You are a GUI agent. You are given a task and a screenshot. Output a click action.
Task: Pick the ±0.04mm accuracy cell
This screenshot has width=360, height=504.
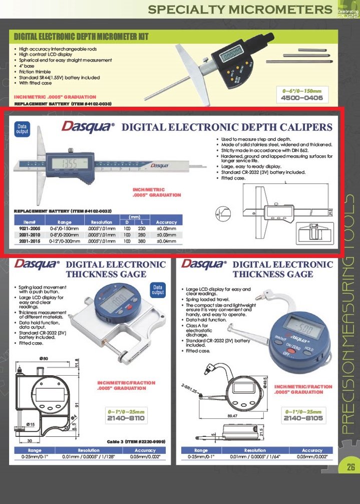[166, 241]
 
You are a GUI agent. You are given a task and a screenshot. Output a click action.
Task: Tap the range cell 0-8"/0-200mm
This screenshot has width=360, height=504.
[65, 234]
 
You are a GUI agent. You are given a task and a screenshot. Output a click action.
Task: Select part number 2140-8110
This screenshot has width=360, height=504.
[126, 418]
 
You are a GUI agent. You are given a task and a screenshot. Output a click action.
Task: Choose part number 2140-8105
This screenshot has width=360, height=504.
[302, 418]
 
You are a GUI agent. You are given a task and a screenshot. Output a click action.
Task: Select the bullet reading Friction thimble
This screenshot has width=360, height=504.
[39, 72]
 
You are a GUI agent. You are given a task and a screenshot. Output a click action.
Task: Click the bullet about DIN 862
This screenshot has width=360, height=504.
[261, 150]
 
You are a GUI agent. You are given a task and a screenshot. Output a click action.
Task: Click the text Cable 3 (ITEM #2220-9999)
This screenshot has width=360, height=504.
[136, 441]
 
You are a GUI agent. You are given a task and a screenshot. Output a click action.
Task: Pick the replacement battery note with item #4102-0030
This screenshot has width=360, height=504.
[63, 103]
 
